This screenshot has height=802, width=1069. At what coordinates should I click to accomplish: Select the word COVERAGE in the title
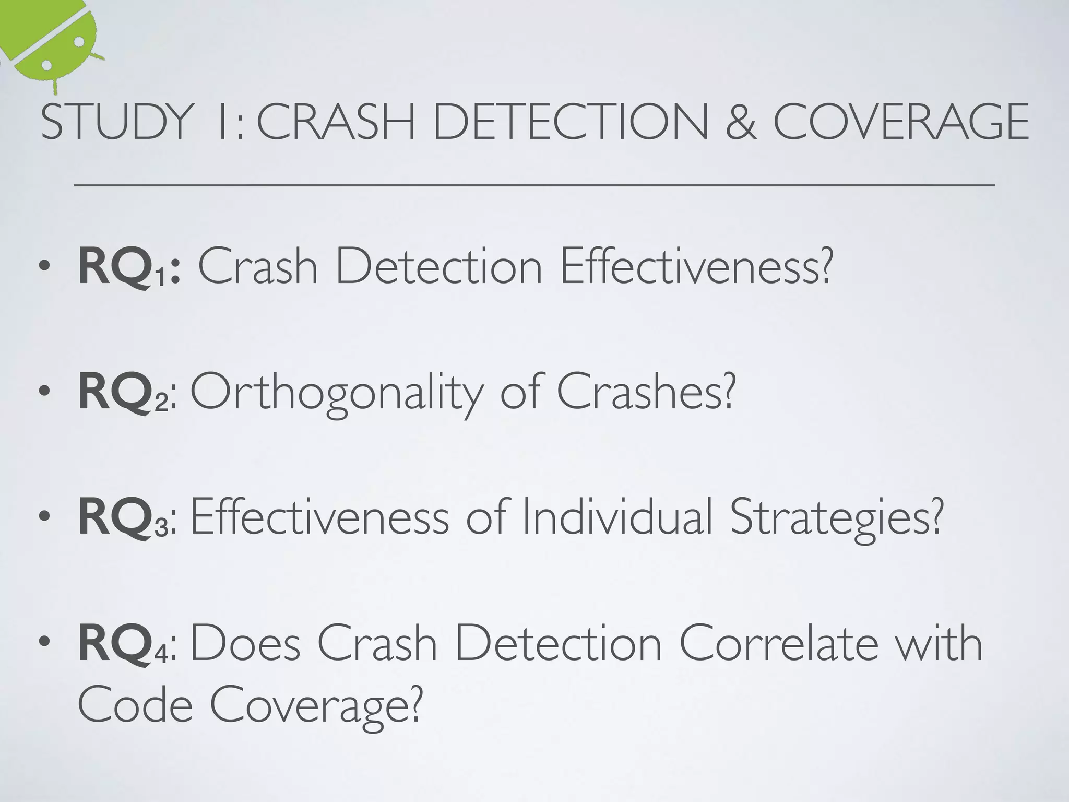point(900,122)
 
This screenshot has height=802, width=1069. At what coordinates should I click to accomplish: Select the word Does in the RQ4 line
point(246,643)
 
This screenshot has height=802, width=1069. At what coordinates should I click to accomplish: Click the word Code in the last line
point(135,705)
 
